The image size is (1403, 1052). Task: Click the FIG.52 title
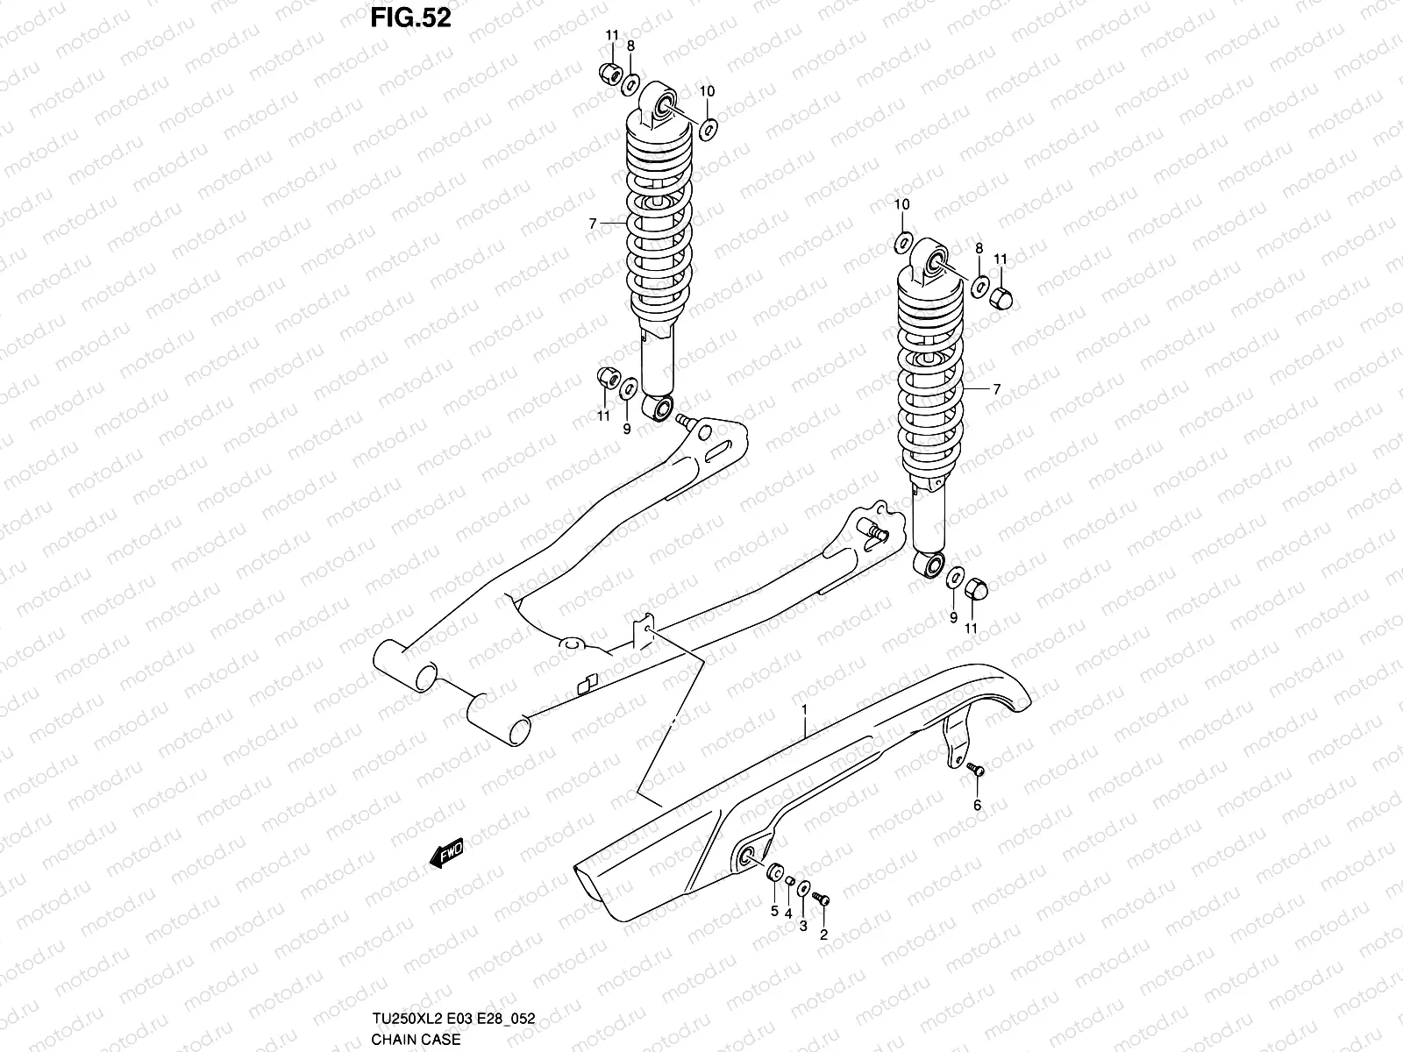pyautogui.click(x=410, y=18)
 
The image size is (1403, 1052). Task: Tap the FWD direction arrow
pyautogui.click(x=445, y=851)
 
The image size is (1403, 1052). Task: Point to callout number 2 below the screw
pyautogui.click(x=823, y=935)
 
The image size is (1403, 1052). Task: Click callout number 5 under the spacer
pyautogui.click(x=774, y=912)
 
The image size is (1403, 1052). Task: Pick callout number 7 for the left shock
pyautogui.click(x=593, y=224)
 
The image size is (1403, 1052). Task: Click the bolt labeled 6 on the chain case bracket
pyautogui.click(x=976, y=770)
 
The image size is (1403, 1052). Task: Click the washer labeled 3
pyautogui.click(x=805, y=888)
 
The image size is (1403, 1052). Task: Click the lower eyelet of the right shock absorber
pyautogui.click(x=931, y=564)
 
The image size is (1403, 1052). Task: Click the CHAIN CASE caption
pyautogui.click(x=410, y=1040)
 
